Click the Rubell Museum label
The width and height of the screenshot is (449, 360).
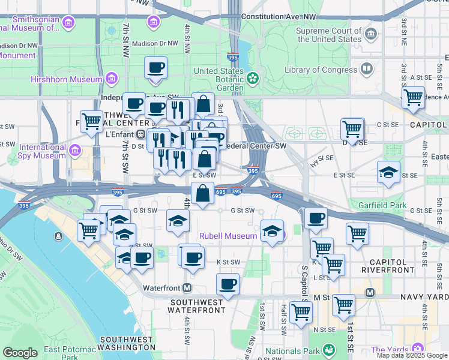[228, 236]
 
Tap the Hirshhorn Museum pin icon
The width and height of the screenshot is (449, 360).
[111, 79]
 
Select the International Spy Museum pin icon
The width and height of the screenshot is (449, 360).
[74, 149]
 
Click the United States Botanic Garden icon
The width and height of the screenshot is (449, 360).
[253, 77]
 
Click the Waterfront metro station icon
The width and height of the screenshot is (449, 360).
[187, 287]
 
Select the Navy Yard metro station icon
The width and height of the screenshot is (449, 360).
[370, 293]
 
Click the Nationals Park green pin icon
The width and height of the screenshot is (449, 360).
[328, 349]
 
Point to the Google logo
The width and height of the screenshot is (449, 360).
[20, 353]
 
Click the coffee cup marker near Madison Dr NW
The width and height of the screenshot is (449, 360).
[156, 68]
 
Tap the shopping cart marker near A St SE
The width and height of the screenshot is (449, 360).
[413, 97]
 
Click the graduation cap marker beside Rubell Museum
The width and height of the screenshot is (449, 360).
[272, 230]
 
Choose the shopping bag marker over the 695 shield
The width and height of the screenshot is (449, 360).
[203, 194]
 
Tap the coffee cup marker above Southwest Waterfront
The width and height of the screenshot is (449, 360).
[227, 284]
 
